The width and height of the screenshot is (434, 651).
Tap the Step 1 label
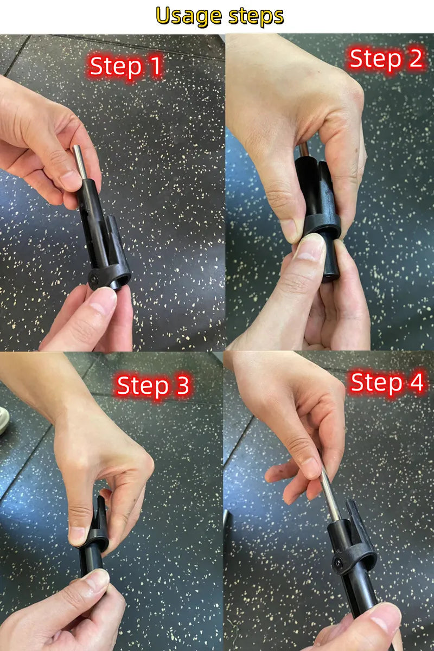click(125, 67)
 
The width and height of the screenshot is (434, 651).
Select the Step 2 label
click(386, 59)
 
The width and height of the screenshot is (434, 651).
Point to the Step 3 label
click(153, 386)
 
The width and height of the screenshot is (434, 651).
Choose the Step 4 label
click(386, 383)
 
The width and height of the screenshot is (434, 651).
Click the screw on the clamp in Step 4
click(339, 564)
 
